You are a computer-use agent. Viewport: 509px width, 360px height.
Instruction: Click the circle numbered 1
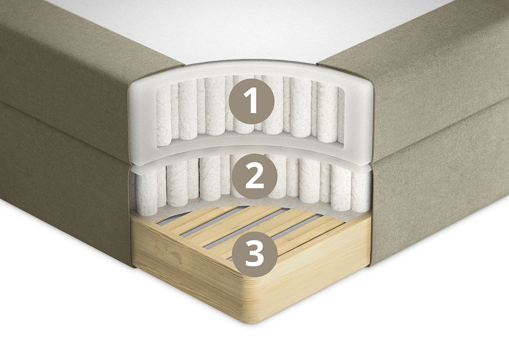pos(252,101)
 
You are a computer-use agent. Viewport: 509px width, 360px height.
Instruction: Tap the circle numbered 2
pos(255,176)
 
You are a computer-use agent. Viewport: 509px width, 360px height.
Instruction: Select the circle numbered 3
pos(255,254)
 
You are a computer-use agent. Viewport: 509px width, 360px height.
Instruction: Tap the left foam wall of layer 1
pos(143,118)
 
